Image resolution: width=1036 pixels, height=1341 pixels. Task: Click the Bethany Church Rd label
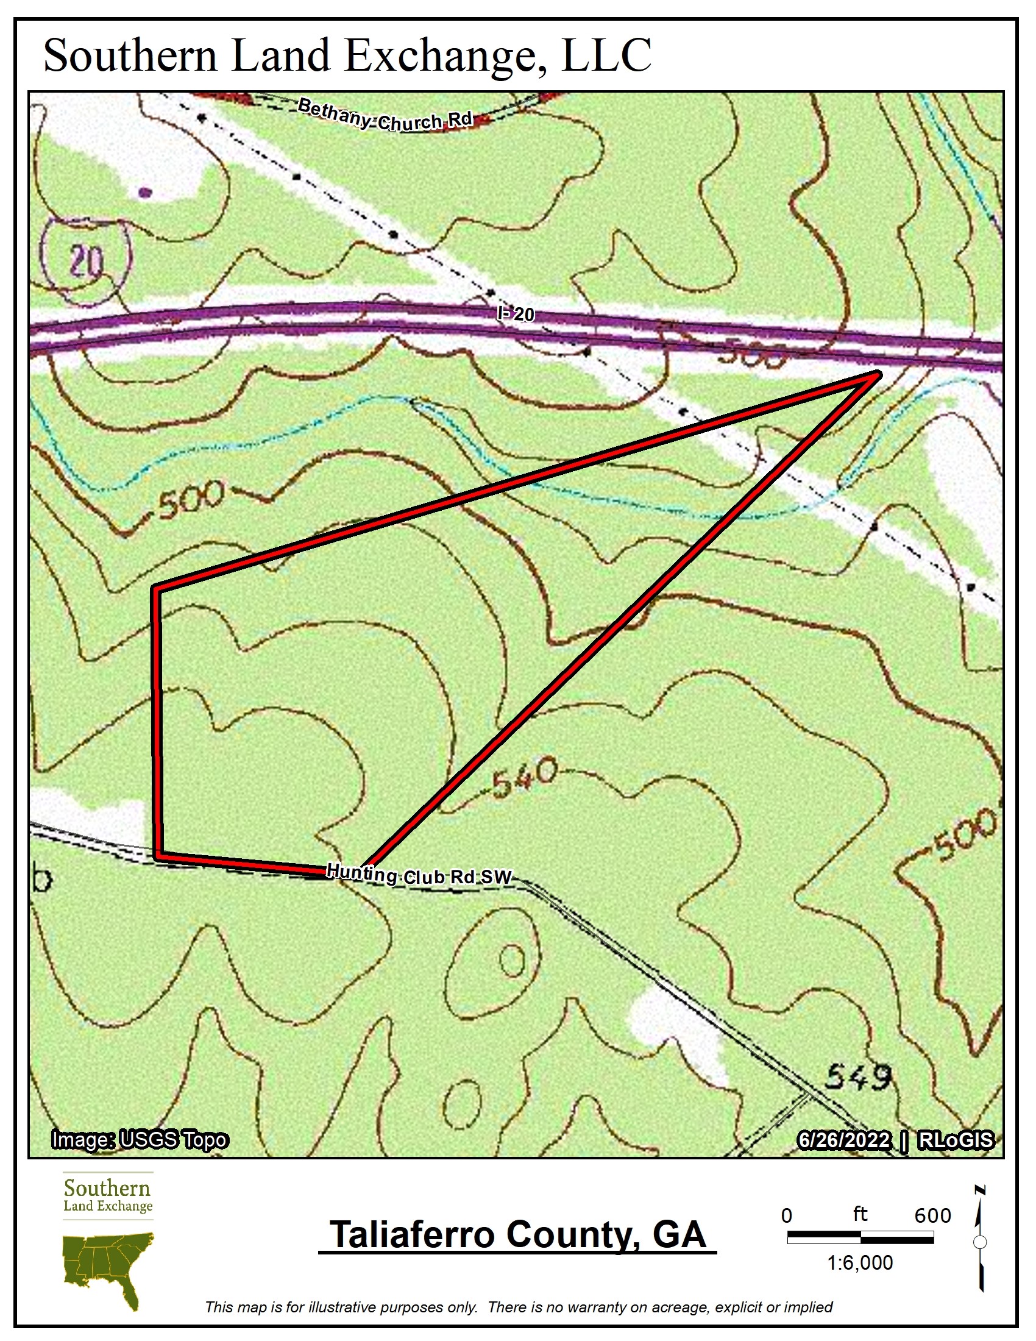[385, 115]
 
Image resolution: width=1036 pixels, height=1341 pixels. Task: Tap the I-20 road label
[516, 315]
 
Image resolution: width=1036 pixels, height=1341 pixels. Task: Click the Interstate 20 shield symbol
[85, 261]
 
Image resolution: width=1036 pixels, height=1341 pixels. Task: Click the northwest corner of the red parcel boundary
[157, 589]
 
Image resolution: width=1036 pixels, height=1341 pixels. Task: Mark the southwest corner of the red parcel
[158, 855]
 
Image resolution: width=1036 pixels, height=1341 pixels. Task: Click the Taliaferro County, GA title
[517, 1235]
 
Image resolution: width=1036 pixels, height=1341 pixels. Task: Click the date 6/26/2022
[843, 1140]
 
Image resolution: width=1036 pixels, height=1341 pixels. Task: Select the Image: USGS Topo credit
[140, 1140]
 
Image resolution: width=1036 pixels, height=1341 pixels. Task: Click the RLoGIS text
[955, 1140]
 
